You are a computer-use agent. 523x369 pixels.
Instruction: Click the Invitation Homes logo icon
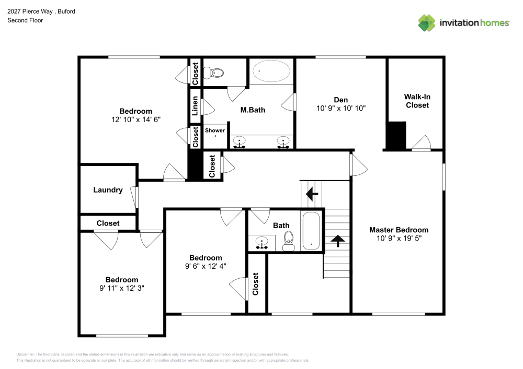(426, 22)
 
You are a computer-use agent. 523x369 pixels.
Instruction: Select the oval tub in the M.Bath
(271, 72)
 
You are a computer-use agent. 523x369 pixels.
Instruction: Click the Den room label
(340, 100)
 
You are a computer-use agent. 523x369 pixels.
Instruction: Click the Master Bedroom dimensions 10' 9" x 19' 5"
(399, 238)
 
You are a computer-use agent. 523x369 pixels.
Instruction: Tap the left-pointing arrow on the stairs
(312, 195)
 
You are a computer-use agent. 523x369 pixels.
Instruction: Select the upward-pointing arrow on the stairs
(338, 241)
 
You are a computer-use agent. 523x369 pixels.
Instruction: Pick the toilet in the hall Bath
(288, 241)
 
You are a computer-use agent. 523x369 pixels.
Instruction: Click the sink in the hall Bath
(261, 242)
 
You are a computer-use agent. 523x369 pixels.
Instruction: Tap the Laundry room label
(108, 190)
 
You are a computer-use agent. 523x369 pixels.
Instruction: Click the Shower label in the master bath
(214, 130)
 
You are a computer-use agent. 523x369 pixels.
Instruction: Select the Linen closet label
(195, 106)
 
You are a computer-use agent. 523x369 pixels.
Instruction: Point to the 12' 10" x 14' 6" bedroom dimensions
(135, 119)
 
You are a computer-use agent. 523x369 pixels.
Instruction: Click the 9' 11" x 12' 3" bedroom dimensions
(121, 288)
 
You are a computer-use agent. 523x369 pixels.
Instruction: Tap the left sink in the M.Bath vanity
(240, 141)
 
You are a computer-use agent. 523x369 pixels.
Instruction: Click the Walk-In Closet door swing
(422, 142)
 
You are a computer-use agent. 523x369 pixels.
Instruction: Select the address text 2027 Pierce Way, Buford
(41, 11)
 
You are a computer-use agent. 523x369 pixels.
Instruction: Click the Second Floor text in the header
(25, 20)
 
